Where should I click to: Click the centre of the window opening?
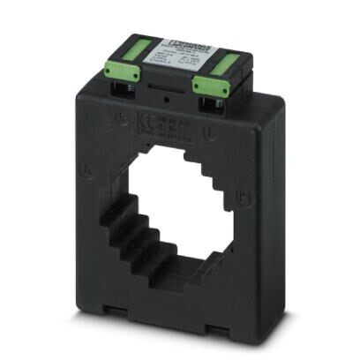pyautogui.click(x=173, y=217)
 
